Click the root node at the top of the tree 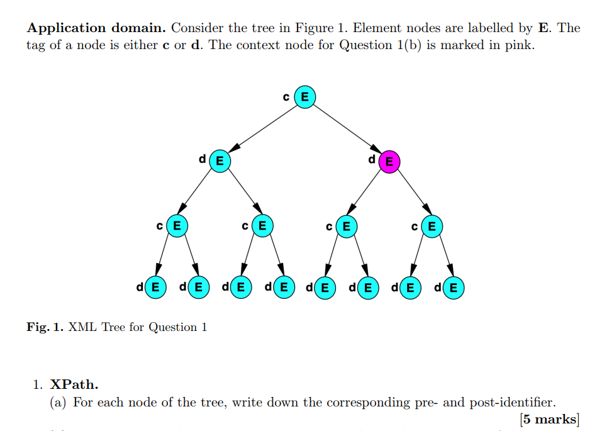point(305,97)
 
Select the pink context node point(389,162)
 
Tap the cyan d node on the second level point(219,160)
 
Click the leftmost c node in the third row point(177,225)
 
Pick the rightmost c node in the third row point(431,225)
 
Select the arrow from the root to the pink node point(347,129)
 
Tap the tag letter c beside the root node point(287,97)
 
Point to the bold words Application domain point(96,28)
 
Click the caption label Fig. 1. point(45,327)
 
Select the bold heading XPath point(74,384)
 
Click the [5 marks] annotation point(549,418)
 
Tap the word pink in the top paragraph point(518,45)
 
